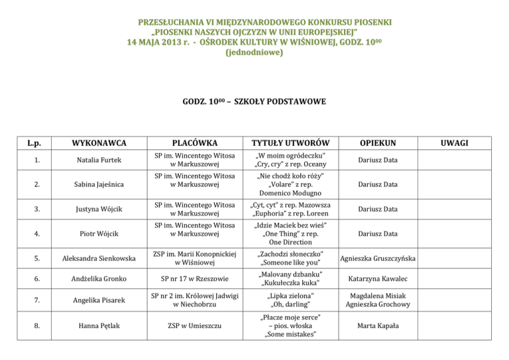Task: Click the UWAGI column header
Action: click(x=457, y=143)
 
